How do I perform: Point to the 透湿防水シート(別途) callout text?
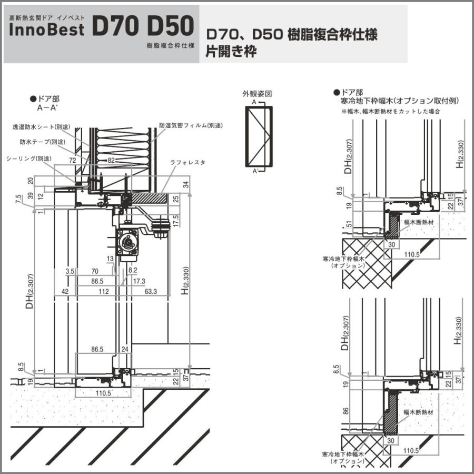click(43, 127)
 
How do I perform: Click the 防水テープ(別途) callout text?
click(43, 142)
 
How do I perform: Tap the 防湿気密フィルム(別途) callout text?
click(191, 126)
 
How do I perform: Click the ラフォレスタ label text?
click(187, 163)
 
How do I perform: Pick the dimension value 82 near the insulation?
click(111, 160)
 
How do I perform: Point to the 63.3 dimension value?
click(151, 291)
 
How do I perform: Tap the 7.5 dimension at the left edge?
click(19, 199)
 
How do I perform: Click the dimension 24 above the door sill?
click(125, 349)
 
